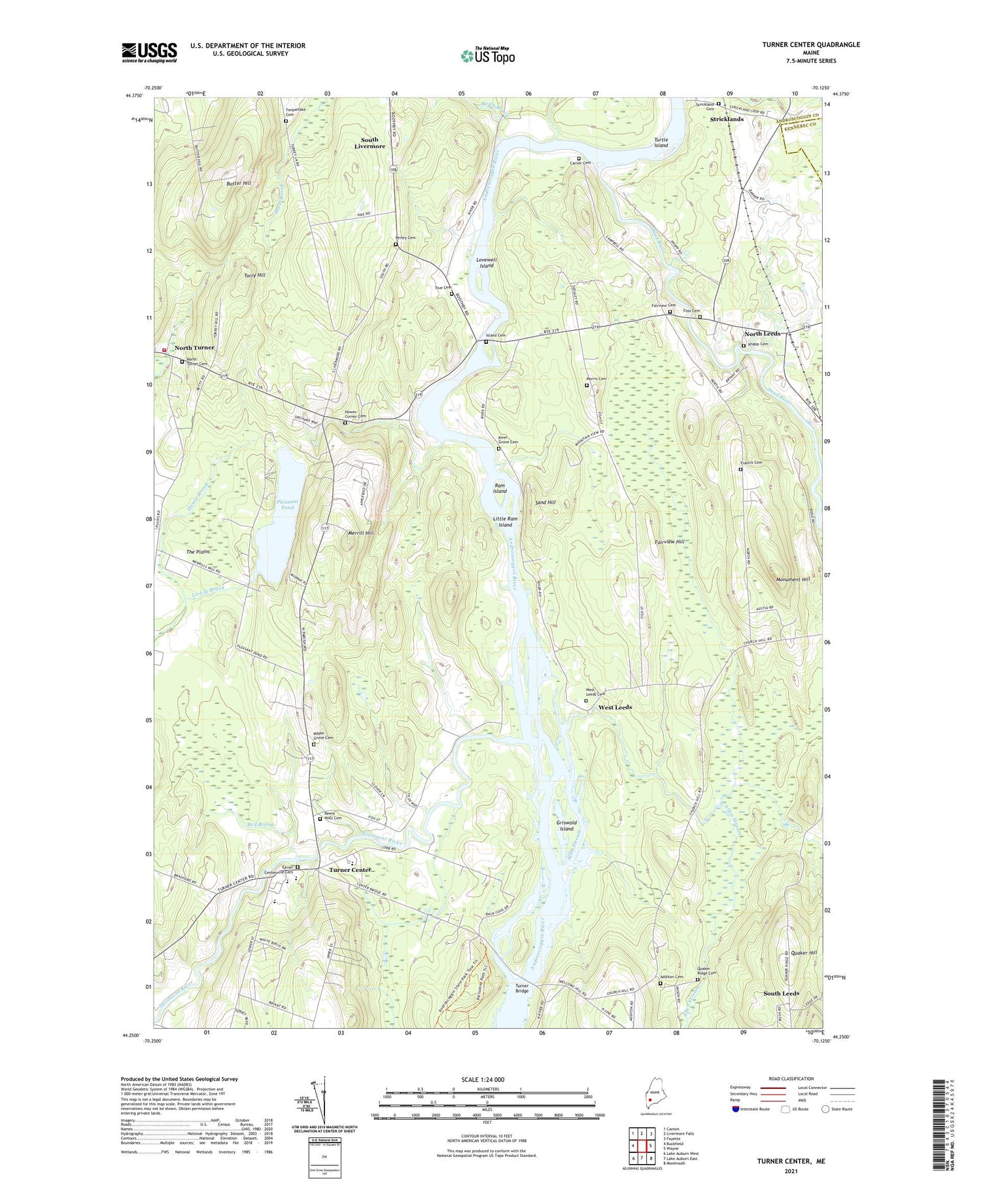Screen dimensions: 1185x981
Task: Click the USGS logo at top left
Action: (x=149, y=52)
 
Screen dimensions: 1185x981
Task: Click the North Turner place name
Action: (x=194, y=348)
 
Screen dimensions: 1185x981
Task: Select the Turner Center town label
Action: (x=350, y=870)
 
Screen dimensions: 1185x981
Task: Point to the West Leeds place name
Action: (x=615, y=707)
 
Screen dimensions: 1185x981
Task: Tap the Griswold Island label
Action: (x=566, y=826)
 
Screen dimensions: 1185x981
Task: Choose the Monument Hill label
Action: (x=792, y=580)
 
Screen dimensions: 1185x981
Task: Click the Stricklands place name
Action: (x=727, y=120)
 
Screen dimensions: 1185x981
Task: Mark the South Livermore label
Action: (x=370, y=143)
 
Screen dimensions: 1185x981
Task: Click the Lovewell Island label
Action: (x=486, y=263)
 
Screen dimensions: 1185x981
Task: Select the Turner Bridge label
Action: (x=521, y=988)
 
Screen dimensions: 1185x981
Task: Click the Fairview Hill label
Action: (x=669, y=542)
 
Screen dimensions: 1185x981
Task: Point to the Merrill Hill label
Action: (x=360, y=533)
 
